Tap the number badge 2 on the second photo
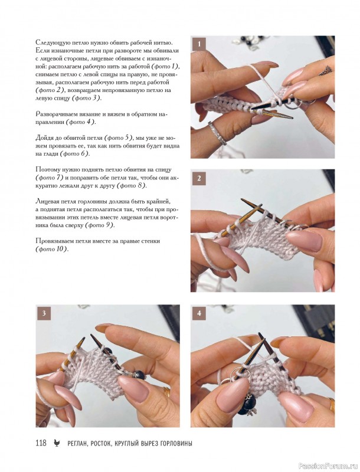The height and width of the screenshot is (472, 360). [199, 179]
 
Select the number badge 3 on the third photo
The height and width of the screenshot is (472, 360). [44, 313]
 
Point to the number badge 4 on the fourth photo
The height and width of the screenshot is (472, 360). [199, 313]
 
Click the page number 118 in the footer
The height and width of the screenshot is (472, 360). [41, 443]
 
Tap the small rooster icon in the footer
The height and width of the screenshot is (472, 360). [57, 443]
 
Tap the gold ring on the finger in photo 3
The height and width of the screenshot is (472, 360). [166, 392]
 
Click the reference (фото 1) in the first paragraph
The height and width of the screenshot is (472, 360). [165, 66]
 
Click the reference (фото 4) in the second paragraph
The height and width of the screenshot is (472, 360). [80, 122]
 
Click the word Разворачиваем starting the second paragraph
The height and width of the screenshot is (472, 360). [55, 114]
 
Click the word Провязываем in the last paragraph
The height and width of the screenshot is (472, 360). [53, 241]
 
